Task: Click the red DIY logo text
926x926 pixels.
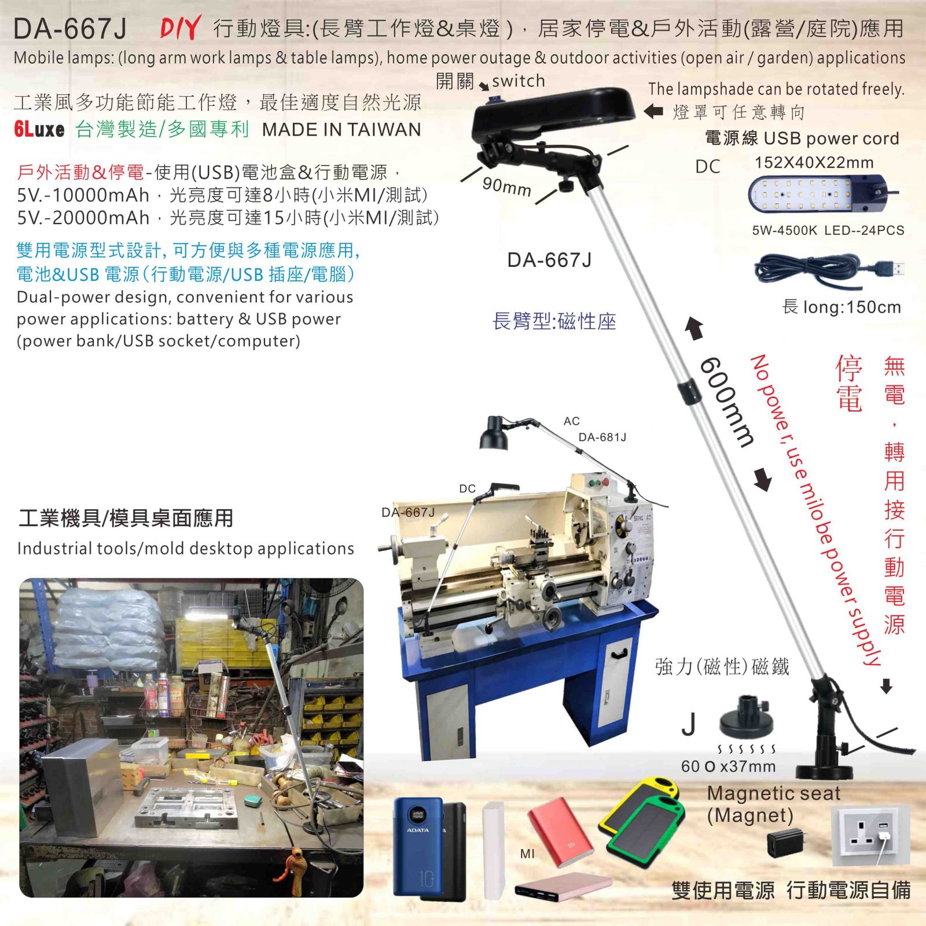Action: [x=181, y=28]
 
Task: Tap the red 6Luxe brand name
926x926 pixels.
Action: [x=39, y=129]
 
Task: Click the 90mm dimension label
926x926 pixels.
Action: [x=506, y=186]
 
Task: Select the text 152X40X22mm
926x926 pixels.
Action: [x=814, y=163]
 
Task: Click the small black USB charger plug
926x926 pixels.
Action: [x=784, y=843]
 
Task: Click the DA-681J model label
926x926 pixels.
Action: [x=602, y=438]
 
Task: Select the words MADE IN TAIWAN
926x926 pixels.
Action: [x=341, y=130]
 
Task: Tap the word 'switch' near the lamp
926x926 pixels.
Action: [x=519, y=81]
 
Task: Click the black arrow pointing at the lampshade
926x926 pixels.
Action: [x=653, y=111]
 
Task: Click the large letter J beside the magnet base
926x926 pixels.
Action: [x=689, y=723]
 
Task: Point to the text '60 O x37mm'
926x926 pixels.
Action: [x=728, y=767]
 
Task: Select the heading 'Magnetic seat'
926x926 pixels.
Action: [x=773, y=793]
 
